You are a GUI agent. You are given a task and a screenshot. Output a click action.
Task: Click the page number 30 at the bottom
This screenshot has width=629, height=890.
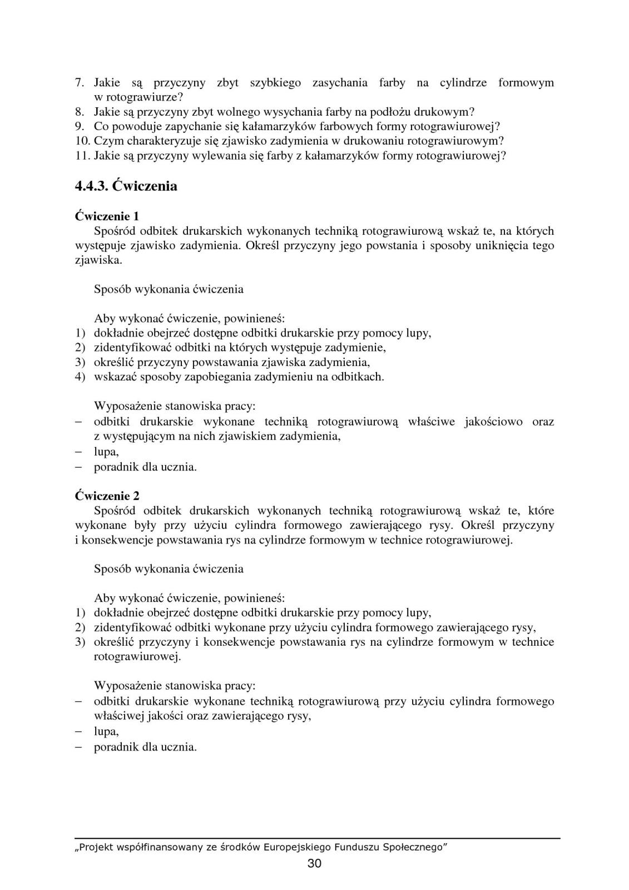point(314,863)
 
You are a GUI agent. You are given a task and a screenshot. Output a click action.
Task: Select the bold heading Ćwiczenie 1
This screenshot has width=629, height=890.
point(107,216)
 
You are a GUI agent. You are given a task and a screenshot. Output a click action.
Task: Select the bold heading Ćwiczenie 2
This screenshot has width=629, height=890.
point(107,496)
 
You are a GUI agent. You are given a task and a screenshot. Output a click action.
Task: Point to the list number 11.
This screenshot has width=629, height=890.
point(82,155)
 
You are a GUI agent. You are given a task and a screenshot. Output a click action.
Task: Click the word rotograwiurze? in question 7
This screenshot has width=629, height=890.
point(146,97)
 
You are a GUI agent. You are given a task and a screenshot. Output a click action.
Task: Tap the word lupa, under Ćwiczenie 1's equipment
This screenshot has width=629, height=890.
point(106,452)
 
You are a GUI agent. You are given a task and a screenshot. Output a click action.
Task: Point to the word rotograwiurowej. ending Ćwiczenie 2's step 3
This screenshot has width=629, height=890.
point(137,656)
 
